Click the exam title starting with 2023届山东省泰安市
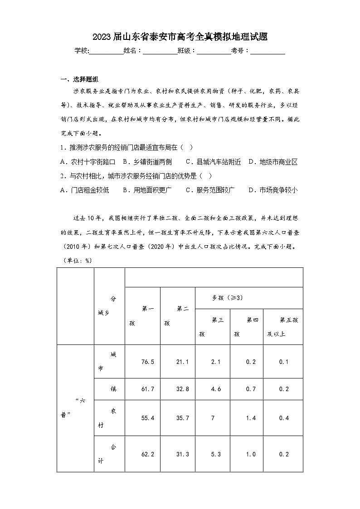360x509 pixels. coord(180,37)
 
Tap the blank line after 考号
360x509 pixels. coord(268,51)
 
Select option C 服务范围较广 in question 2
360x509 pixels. coord(210,190)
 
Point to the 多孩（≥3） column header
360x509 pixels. coord(228,298)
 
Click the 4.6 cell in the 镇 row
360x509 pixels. coord(212,389)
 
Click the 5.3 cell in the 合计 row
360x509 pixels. coord(212,454)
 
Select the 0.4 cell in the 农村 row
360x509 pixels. coord(284,418)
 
